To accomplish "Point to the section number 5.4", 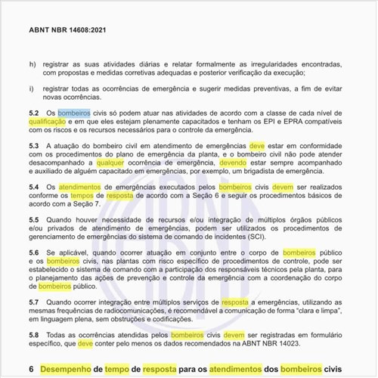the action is (x=34, y=185).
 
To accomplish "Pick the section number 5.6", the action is (x=34, y=252).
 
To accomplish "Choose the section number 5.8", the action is (x=34, y=333).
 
